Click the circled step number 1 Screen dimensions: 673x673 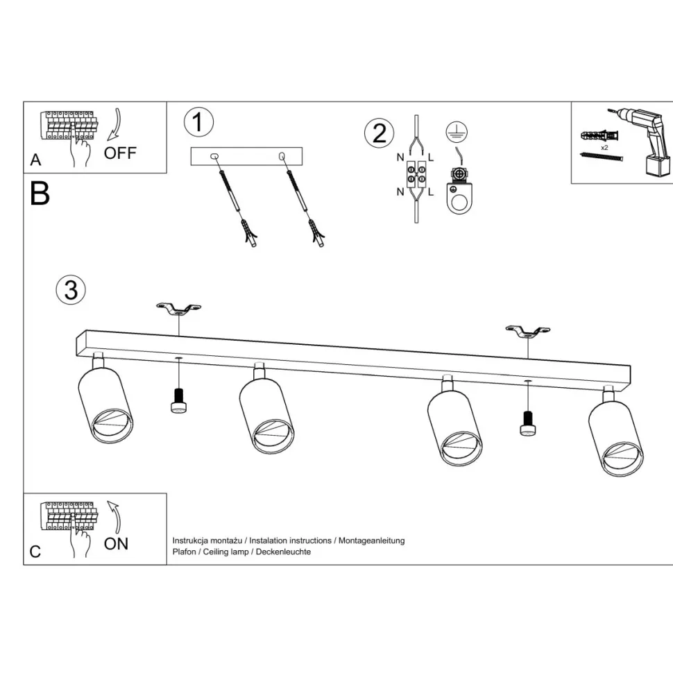click(198, 122)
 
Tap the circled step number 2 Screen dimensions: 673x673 click(379, 133)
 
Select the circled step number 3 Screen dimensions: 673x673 click(71, 290)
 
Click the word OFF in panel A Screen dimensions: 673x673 click(120, 153)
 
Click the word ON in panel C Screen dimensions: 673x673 click(116, 544)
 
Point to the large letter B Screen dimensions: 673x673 click(40, 194)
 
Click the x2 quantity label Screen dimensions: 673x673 click(604, 148)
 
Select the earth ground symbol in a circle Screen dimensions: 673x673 click(457, 132)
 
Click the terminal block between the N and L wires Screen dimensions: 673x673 click(416, 174)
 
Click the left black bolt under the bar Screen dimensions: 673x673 click(178, 400)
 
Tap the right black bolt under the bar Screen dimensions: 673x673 click(528, 423)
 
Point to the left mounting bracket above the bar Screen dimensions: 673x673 click(178, 309)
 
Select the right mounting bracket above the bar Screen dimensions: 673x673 click(528, 331)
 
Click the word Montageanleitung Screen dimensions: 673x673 click(372, 540)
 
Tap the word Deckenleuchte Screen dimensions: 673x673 click(283, 552)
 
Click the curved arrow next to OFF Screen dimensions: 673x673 click(115, 124)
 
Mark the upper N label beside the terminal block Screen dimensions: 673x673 click(400, 157)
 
